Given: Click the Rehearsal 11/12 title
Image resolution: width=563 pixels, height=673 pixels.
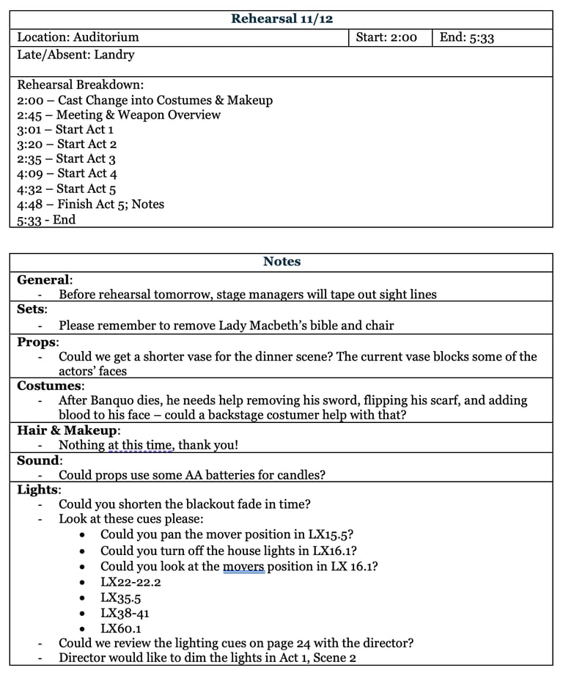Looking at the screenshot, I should tap(281, 19).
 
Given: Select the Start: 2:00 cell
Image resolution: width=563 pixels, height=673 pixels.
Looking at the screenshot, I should tap(386, 37).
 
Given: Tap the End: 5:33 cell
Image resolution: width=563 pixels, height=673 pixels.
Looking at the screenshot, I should tap(467, 37).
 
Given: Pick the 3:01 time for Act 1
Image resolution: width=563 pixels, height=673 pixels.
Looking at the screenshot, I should tap(30, 130).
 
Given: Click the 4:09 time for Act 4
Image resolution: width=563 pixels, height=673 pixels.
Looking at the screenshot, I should tap(31, 174).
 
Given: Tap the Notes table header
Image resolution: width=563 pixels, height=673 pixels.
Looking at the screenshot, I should tap(281, 262).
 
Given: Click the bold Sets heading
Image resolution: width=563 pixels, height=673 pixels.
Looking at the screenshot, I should tap(31, 309).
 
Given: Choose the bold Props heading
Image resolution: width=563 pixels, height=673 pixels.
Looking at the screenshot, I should tap(37, 342).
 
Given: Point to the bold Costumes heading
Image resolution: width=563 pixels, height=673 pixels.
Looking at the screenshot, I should tap(49, 386).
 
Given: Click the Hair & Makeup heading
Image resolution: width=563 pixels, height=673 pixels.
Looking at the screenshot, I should tap(67, 430).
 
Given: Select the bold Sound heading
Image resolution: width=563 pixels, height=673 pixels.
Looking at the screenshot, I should tap(38, 460).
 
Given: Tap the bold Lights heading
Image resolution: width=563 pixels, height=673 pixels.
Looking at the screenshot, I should tap(38, 490).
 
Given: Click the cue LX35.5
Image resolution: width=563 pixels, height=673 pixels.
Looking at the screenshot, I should tap(121, 597).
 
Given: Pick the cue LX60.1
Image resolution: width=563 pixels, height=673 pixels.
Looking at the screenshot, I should tap(121, 628).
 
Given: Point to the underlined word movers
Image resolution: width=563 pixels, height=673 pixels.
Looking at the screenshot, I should tap(243, 566).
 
